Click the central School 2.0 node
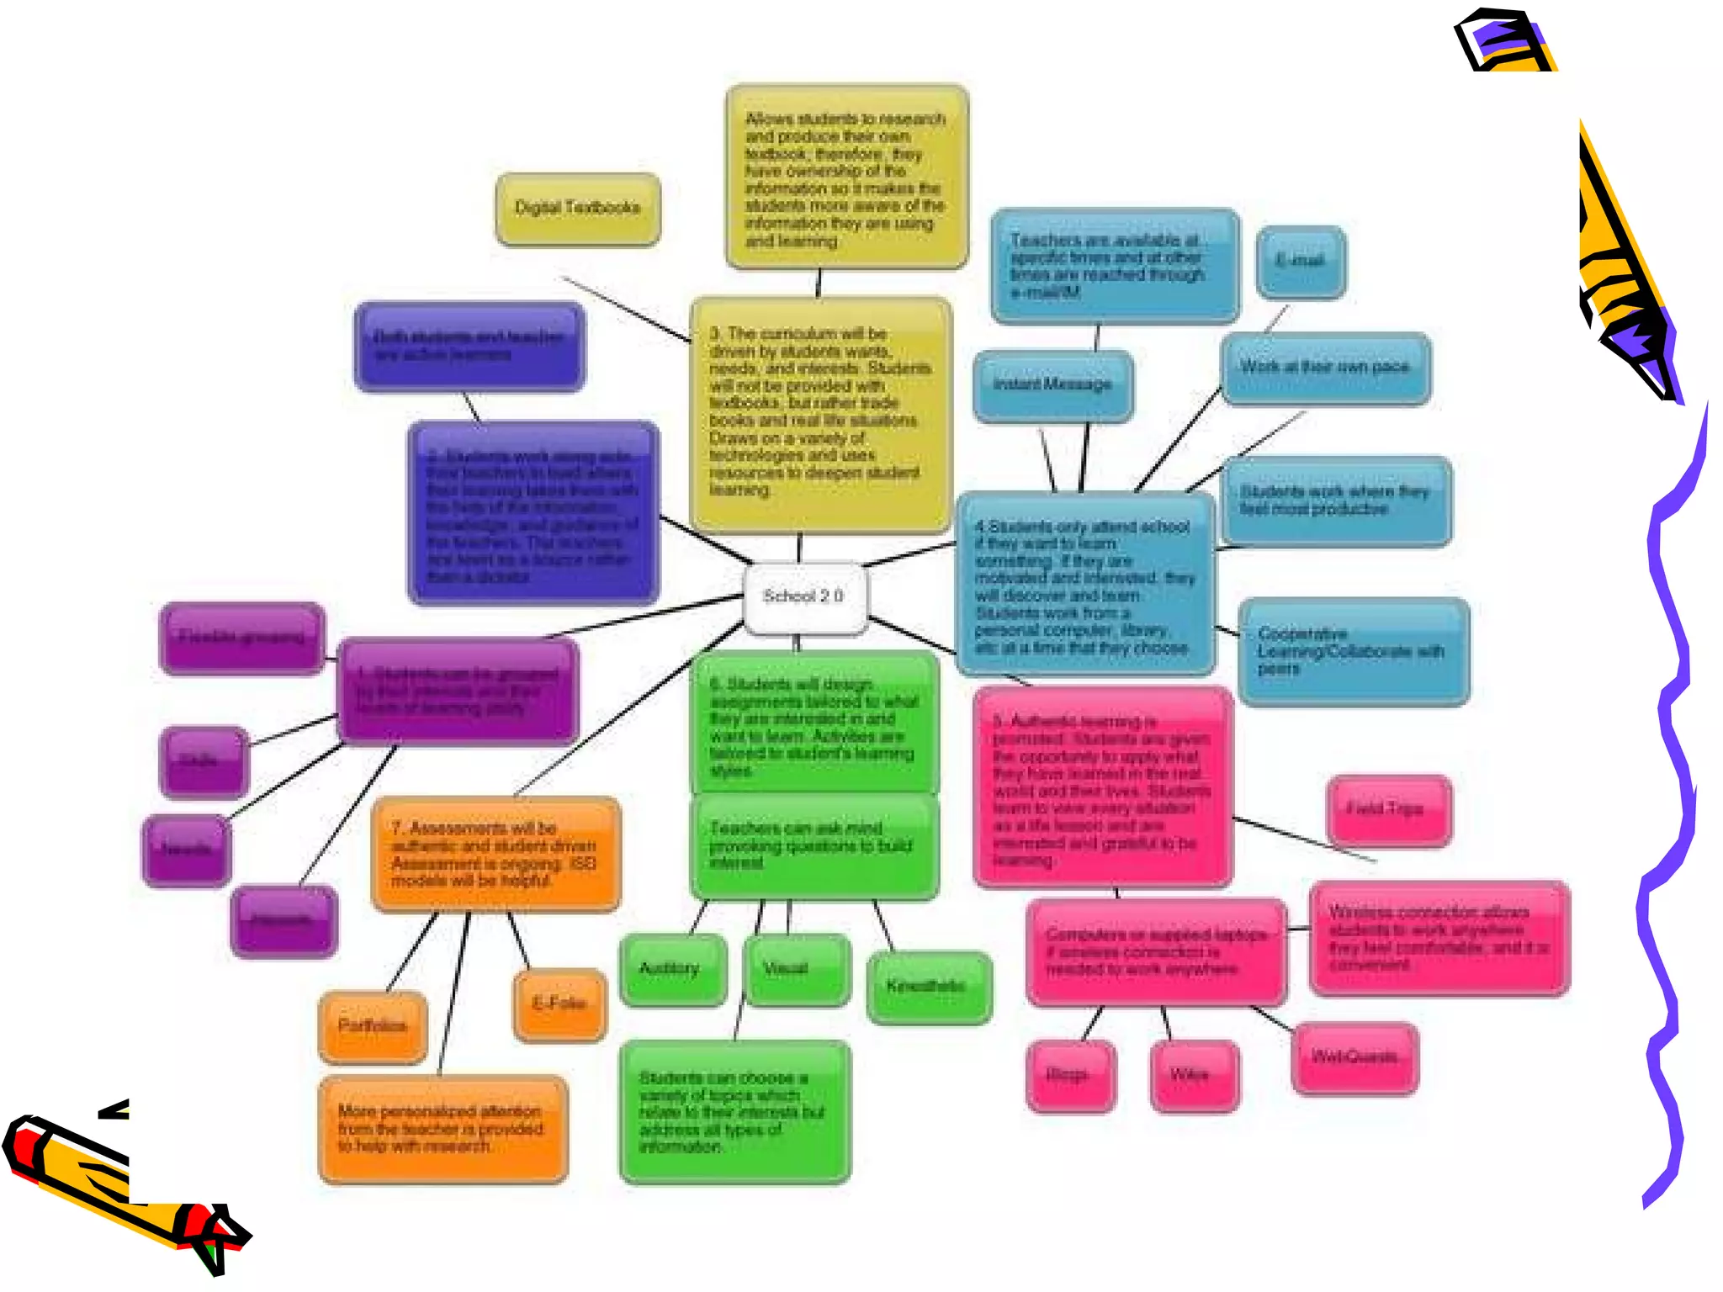(804, 597)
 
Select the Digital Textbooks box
(578, 209)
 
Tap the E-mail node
(1301, 262)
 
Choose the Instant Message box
(1052, 385)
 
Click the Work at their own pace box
(1325, 368)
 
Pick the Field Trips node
(1388, 810)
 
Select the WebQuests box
(1355, 1058)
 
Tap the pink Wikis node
(1193, 1076)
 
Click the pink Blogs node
(1070, 1076)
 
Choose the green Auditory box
(672, 969)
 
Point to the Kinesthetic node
(929, 987)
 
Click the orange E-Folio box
(559, 1004)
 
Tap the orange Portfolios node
(373, 1026)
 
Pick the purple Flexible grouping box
(242, 638)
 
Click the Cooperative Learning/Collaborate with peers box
(1353, 652)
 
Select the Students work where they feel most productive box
(1336, 501)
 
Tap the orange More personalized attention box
(443, 1130)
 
